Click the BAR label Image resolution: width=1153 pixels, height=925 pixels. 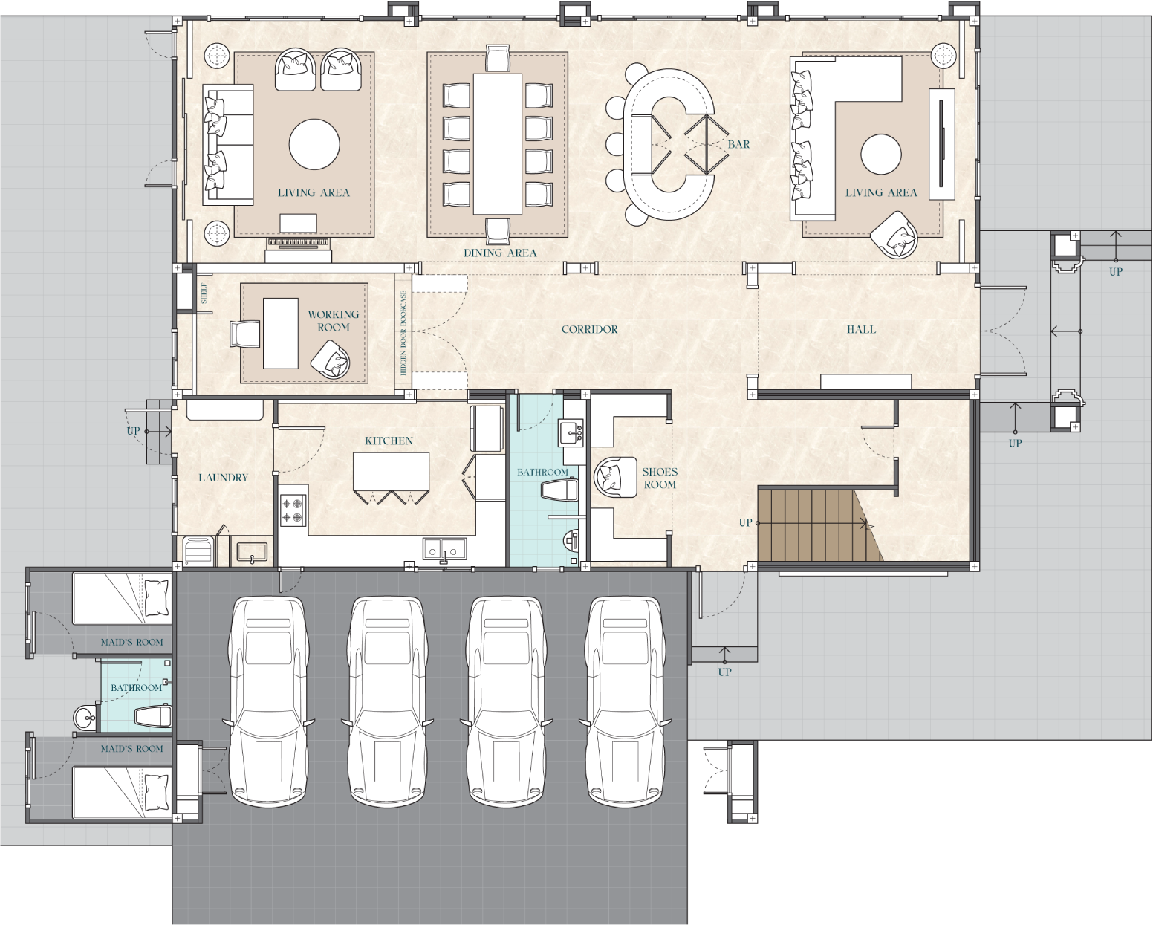(x=738, y=145)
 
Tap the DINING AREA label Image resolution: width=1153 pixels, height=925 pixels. (x=500, y=253)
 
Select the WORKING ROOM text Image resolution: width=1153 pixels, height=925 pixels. (x=334, y=321)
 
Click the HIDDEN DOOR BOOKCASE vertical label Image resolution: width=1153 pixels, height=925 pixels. (x=403, y=332)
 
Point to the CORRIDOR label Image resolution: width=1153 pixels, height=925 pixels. (x=589, y=329)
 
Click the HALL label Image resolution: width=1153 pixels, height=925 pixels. (x=861, y=329)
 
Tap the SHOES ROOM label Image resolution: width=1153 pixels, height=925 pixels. (x=660, y=478)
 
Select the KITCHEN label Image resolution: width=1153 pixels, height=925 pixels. (x=389, y=441)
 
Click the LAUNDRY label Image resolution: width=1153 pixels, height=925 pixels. (x=223, y=478)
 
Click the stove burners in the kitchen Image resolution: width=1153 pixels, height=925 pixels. (x=293, y=510)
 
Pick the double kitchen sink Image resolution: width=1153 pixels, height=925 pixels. (x=444, y=549)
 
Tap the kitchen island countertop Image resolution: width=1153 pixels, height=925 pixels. (x=391, y=471)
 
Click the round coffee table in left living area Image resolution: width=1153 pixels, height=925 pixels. (x=314, y=144)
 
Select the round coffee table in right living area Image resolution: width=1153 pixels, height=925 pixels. (x=880, y=155)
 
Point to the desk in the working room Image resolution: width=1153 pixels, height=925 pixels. (x=281, y=333)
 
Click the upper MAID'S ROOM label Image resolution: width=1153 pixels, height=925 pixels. (x=131, y=642)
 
